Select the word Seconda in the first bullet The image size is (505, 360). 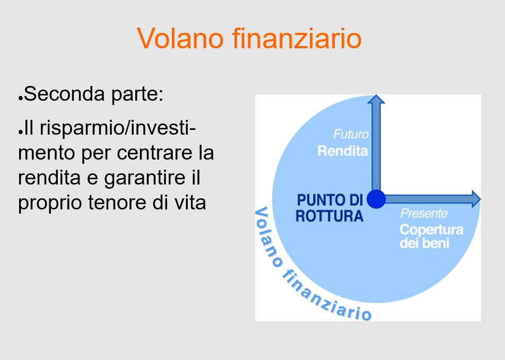[x=64, y=94]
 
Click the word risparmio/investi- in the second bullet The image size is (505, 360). [x=118, y=128]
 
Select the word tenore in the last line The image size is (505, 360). [x=117, y=203]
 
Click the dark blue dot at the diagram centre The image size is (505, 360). [x=376, y=199]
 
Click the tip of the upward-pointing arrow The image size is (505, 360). [x=376, y=95]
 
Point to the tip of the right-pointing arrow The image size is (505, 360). [x=481, y=199]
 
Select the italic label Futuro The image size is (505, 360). [x=351, y=134]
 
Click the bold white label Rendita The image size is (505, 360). [x=343, y=151]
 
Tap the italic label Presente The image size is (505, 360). [x=424, y=213]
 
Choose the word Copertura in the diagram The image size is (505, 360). [x=432, y=230]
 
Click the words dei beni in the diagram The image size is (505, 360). [x=424, y=243]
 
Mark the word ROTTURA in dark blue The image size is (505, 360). [x=329, y=216]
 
